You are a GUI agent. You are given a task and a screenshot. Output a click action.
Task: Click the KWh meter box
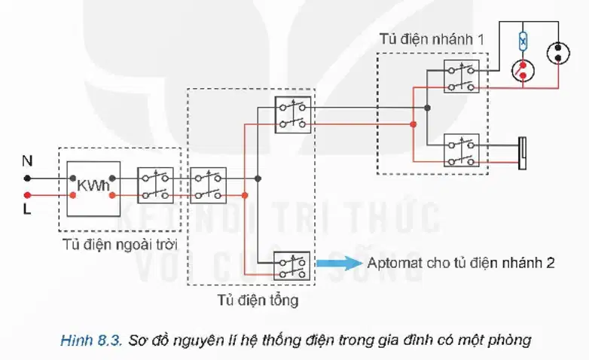93,188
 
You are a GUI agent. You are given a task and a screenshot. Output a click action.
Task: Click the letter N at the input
27,161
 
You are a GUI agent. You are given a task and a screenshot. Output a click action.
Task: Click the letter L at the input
26,209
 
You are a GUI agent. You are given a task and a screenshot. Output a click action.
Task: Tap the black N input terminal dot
27,178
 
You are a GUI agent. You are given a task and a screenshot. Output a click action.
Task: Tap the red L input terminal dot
27,195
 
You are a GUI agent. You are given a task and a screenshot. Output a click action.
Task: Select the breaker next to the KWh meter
155,185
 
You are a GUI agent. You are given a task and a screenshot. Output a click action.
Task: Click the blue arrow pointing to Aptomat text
339,263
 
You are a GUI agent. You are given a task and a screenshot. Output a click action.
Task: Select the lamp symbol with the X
523,41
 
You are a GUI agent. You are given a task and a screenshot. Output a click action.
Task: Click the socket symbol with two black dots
558,53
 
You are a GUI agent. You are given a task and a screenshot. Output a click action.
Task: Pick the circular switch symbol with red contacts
523,71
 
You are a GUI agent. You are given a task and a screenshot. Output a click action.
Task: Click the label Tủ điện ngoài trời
120,245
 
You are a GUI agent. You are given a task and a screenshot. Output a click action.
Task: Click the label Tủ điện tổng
258,300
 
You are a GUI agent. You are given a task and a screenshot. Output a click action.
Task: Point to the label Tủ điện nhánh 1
432,39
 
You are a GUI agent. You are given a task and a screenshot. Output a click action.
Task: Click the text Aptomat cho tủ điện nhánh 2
461,263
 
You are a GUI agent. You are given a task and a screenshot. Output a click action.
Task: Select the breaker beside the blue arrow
292,266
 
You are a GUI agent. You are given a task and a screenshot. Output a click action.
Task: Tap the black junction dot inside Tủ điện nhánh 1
427,108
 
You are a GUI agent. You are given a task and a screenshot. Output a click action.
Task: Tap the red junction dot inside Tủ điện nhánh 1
414,124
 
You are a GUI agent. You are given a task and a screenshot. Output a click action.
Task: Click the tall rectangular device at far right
522,153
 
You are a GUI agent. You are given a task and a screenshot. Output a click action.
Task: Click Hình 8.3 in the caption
91,340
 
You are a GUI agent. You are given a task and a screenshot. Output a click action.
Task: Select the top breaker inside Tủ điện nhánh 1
461,76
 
